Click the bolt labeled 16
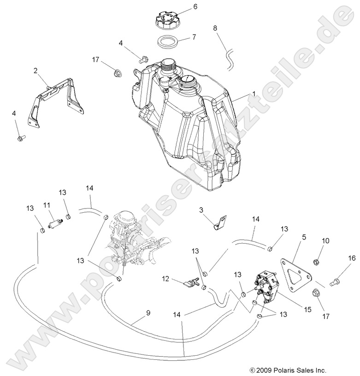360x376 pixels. pos(336,279)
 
